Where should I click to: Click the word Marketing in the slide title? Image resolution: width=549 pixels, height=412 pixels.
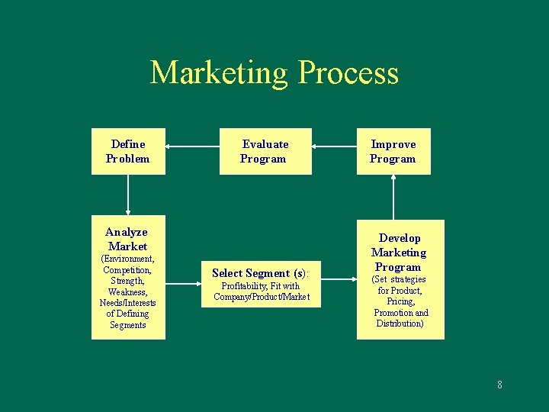(x=220, y=72)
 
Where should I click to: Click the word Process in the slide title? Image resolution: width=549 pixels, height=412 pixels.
(x=348, y=72)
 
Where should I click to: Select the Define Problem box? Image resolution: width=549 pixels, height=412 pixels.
(x=128, y=151)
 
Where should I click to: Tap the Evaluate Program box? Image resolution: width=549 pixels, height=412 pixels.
(x=265, y=151)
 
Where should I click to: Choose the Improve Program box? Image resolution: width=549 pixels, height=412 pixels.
(x=393, y=151)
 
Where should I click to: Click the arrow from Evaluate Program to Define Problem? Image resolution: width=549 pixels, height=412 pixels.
(x=192, y=145)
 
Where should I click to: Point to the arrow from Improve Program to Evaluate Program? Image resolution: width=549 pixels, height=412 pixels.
(x=334, y=145)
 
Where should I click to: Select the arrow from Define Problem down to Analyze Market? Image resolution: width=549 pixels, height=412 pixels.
(x=128, y=195)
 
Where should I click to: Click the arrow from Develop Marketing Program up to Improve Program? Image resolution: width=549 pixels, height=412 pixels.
(x=393, y=196)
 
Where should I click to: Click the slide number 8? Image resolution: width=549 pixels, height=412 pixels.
(x=499, y=385)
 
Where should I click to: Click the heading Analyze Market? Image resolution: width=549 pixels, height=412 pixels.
(x=127, y=239)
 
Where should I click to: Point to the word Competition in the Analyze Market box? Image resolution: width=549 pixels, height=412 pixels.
(x=127, y=269)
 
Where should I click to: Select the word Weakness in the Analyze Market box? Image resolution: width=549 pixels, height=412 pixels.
(x=127, y=291)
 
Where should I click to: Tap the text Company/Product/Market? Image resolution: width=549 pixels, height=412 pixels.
(x=262, y=297)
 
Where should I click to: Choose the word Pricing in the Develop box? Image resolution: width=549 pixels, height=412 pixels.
(x=400, y=301)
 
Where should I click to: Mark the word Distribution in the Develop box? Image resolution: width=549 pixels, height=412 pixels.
(x=400, y=323)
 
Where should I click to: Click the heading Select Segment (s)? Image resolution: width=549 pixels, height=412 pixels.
(x=261, y=272)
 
